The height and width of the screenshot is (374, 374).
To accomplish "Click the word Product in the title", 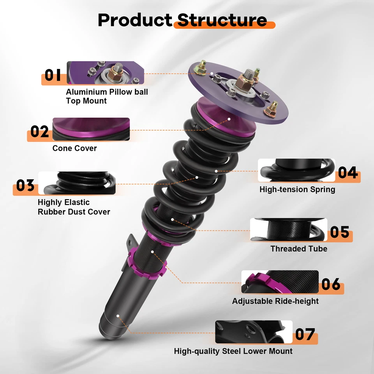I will pos(134,20).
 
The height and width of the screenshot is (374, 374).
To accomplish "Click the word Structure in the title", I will pos(222,20).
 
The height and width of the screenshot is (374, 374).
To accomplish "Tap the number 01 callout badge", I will pos(53,75).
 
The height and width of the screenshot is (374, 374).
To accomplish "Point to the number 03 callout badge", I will pos(25,186).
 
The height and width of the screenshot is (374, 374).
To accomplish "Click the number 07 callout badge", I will pos(305,335).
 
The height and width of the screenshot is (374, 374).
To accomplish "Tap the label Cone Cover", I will pos(75,148).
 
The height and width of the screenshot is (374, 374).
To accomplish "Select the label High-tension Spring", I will pos(297,190).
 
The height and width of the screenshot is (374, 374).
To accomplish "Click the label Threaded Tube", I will pos(299,249).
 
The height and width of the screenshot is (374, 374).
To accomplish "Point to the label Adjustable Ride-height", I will pos(275,301).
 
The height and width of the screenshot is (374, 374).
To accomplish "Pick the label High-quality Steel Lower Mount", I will pos(233,351).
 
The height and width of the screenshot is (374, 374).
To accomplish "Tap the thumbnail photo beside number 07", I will pos(254,332).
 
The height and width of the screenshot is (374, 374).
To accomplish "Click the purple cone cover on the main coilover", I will pos(226,119).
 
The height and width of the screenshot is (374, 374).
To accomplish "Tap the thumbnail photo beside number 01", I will pos(105,73).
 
